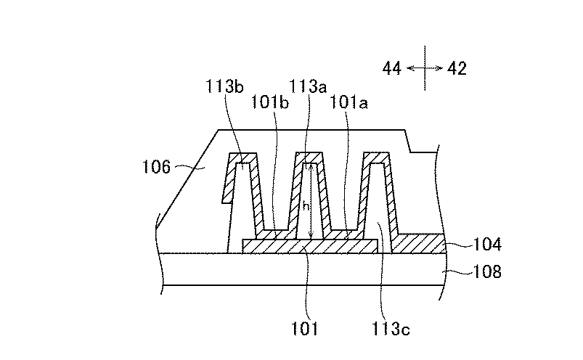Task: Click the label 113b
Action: pos(224,86)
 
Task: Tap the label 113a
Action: pos(308,86)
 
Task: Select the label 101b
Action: pos(270,102)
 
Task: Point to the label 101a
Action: pos(348,102)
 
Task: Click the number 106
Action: pos(157,167)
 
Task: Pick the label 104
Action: pos(487,244)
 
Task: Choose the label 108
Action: pos(487,271)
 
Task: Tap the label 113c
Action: pos(391,329)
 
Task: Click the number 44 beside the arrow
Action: pos(392,69)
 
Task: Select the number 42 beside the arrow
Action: pos(457,69)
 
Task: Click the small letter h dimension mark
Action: pos(306,206)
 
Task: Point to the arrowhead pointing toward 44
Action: pos(410,68)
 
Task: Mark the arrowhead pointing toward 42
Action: pos(439,68)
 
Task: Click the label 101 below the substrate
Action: pos(304,329)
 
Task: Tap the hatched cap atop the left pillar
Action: pos(242,157)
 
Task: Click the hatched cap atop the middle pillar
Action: pos(309,157)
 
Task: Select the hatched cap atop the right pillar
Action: pos(376,157)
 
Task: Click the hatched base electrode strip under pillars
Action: pos(310,246)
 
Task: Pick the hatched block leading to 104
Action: pos(419,244)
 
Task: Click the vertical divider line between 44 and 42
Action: pos(425,68)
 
